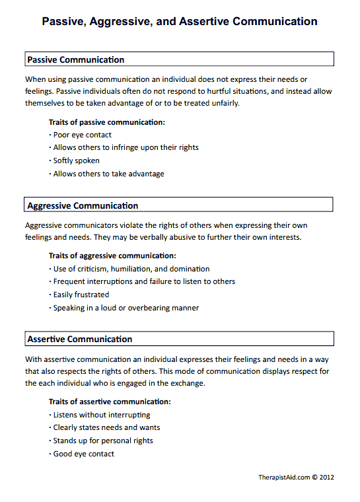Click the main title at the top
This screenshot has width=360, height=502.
(180, 22)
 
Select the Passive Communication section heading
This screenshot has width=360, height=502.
(75, 60)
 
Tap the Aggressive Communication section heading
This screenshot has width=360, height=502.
(83, 206)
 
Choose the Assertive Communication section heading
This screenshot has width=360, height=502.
(79, 340)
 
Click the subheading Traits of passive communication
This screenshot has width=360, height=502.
(107, 122)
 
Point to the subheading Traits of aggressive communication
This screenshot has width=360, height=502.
(112, 256)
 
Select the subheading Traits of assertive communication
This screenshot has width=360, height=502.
(110, 402)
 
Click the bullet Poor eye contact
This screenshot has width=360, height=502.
(82, 135)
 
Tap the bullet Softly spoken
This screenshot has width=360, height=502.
(76, 161)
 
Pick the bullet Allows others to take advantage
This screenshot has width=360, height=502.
(108, 174)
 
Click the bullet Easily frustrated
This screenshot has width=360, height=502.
(81, 295)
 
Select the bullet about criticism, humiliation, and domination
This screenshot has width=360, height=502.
(131, 269)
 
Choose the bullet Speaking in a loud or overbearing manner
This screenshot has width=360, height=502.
(126, 308)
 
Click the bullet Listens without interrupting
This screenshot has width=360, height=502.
(101, 415)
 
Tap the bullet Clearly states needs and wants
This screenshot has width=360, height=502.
(106, 427)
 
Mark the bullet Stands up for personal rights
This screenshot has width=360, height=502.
(102, 441)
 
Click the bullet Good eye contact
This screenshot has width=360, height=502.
(83, 454)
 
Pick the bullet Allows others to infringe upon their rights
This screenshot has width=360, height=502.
(126, 147)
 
